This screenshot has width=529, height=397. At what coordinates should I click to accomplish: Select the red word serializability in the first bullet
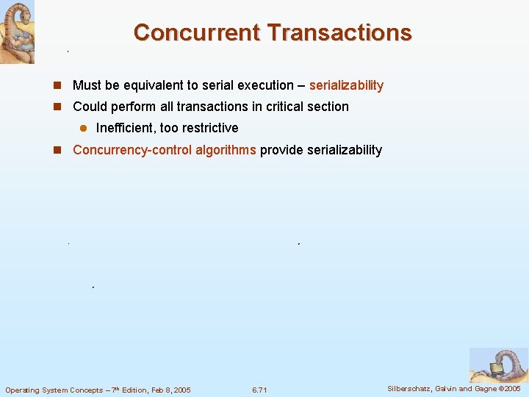click(346, 85)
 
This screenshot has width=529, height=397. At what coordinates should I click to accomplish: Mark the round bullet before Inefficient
click(83, 128)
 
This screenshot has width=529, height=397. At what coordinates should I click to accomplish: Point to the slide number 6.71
click(259, 390)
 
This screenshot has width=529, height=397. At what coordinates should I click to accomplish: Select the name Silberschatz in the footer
click(411, 388)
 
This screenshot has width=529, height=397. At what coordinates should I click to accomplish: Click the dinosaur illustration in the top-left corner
click(17, 32)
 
